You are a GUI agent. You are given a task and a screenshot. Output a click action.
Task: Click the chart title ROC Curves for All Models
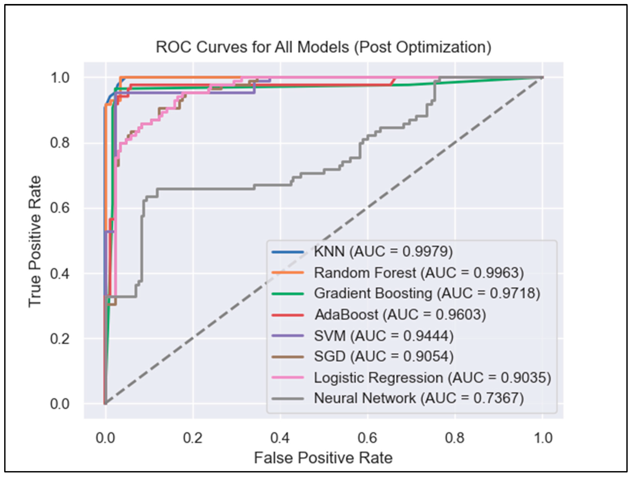click(x=323, y=47)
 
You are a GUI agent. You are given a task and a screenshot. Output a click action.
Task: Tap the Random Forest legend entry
click(x=419, y=273)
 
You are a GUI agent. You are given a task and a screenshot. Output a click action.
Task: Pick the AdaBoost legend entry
click(x=400, y=315)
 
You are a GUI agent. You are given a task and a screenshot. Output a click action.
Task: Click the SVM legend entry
click(x=383, y=336)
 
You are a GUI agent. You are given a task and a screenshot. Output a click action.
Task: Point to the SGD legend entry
click(x=383, y=357)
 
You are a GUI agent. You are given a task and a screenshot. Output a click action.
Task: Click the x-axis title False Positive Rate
click(x=323, y=458)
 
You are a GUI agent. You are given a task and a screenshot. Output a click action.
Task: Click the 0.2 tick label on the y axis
click(x=60, y=339)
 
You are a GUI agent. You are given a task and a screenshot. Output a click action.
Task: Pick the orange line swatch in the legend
click(x=288, y=273)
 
